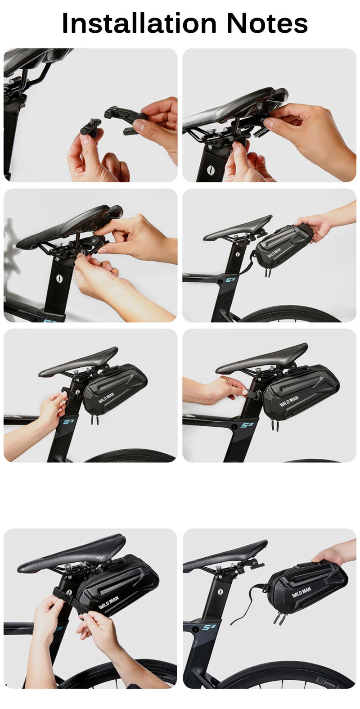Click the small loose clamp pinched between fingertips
[x=90, y=126]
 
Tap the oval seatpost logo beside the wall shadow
[x=58, y=279]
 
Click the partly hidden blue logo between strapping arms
[x=58, y=628]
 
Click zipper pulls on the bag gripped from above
[x=278, y=618]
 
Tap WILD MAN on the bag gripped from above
[x=301, y=592]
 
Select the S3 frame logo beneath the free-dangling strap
[x=209, y=627]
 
